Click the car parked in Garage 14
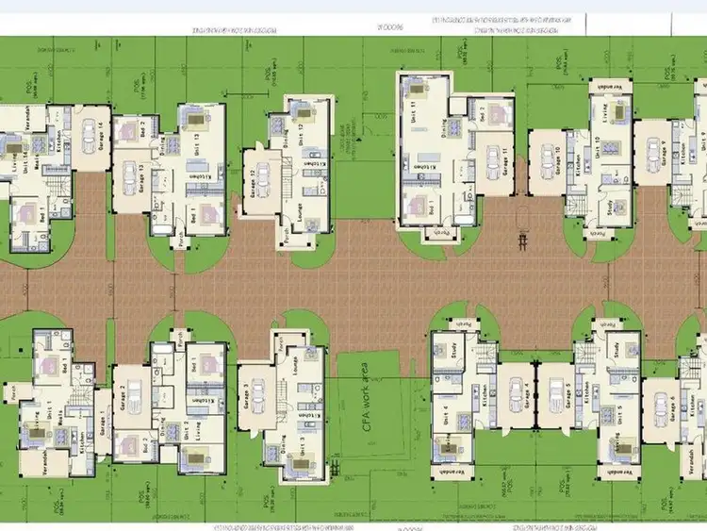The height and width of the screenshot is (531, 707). [x=90, y=131]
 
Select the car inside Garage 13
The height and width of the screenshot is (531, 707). [x=130, y=177]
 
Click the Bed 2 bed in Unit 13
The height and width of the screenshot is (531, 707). [x=131, y=131]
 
